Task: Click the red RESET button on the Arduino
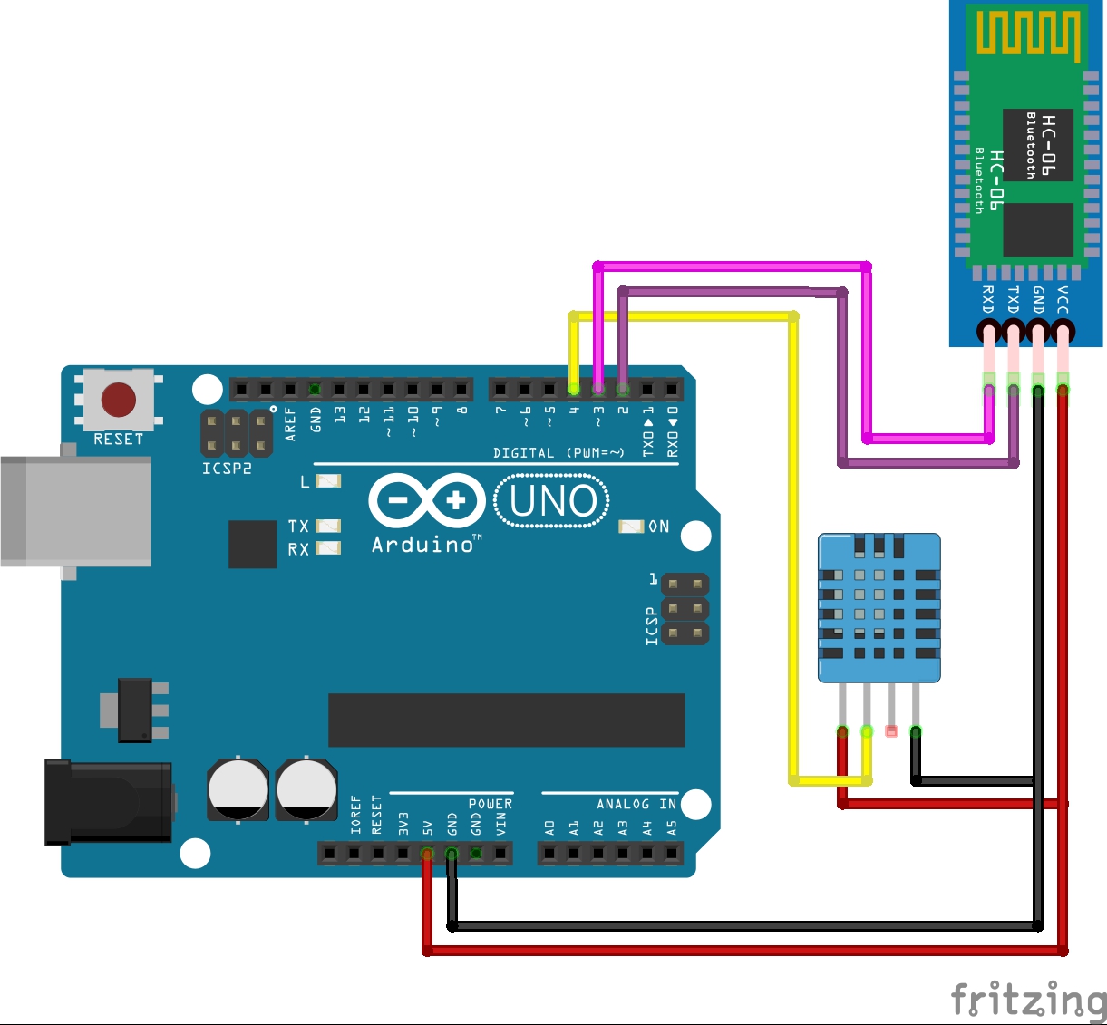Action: (x=119, y=400)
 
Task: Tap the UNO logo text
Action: (x=552, y=501)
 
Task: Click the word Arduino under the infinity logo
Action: (x=423, y=545)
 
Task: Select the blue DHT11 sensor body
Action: (x=879, y=607)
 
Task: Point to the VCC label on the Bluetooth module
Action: (x=1063, y=299)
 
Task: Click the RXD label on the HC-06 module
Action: (x=988, y=299)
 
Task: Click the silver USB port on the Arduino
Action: (x=76, y=511)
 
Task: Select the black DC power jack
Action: (x=108, y=803)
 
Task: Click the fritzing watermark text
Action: (x=1028, y=1001)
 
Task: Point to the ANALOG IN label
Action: (x=636, y=804)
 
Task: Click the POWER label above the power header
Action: (x=490, y=804)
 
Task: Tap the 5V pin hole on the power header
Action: (x=427, y=853)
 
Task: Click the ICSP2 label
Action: (x=227, y=469)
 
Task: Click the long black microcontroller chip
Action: (x=506, y=720)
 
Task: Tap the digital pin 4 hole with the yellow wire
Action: (x=574, y=390)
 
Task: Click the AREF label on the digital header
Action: (x=291, y=423)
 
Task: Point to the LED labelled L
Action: (x=328, y=481)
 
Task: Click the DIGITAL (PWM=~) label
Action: (x=558, y=452)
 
